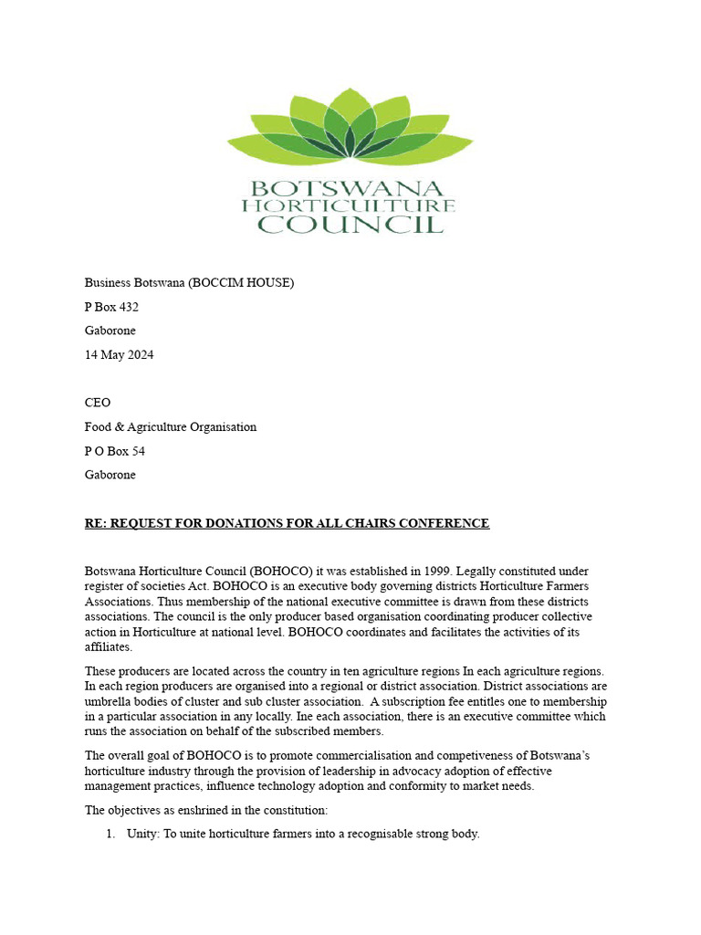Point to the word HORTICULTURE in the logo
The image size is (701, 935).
348,206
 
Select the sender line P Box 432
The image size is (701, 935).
111,307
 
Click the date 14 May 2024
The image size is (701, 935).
119,355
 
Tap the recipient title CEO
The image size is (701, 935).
98,403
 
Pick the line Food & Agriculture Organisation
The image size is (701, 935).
171,426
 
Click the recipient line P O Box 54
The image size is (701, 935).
114,451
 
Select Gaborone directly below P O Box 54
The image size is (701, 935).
110,475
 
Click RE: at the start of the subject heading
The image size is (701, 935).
97,523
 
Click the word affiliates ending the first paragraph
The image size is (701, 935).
108,647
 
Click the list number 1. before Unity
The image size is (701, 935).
110,834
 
